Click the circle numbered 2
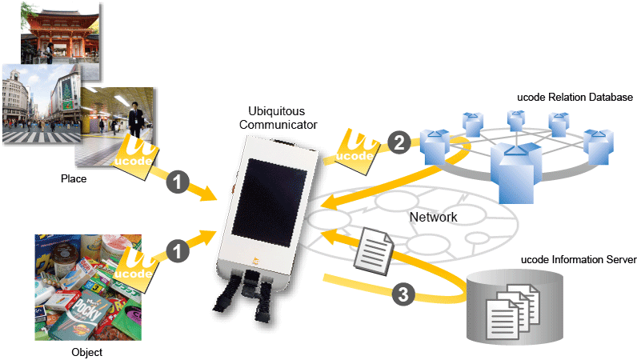point(398,143)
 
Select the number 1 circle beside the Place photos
point(178,182)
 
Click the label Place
point(74,179)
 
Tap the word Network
point(433,217)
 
